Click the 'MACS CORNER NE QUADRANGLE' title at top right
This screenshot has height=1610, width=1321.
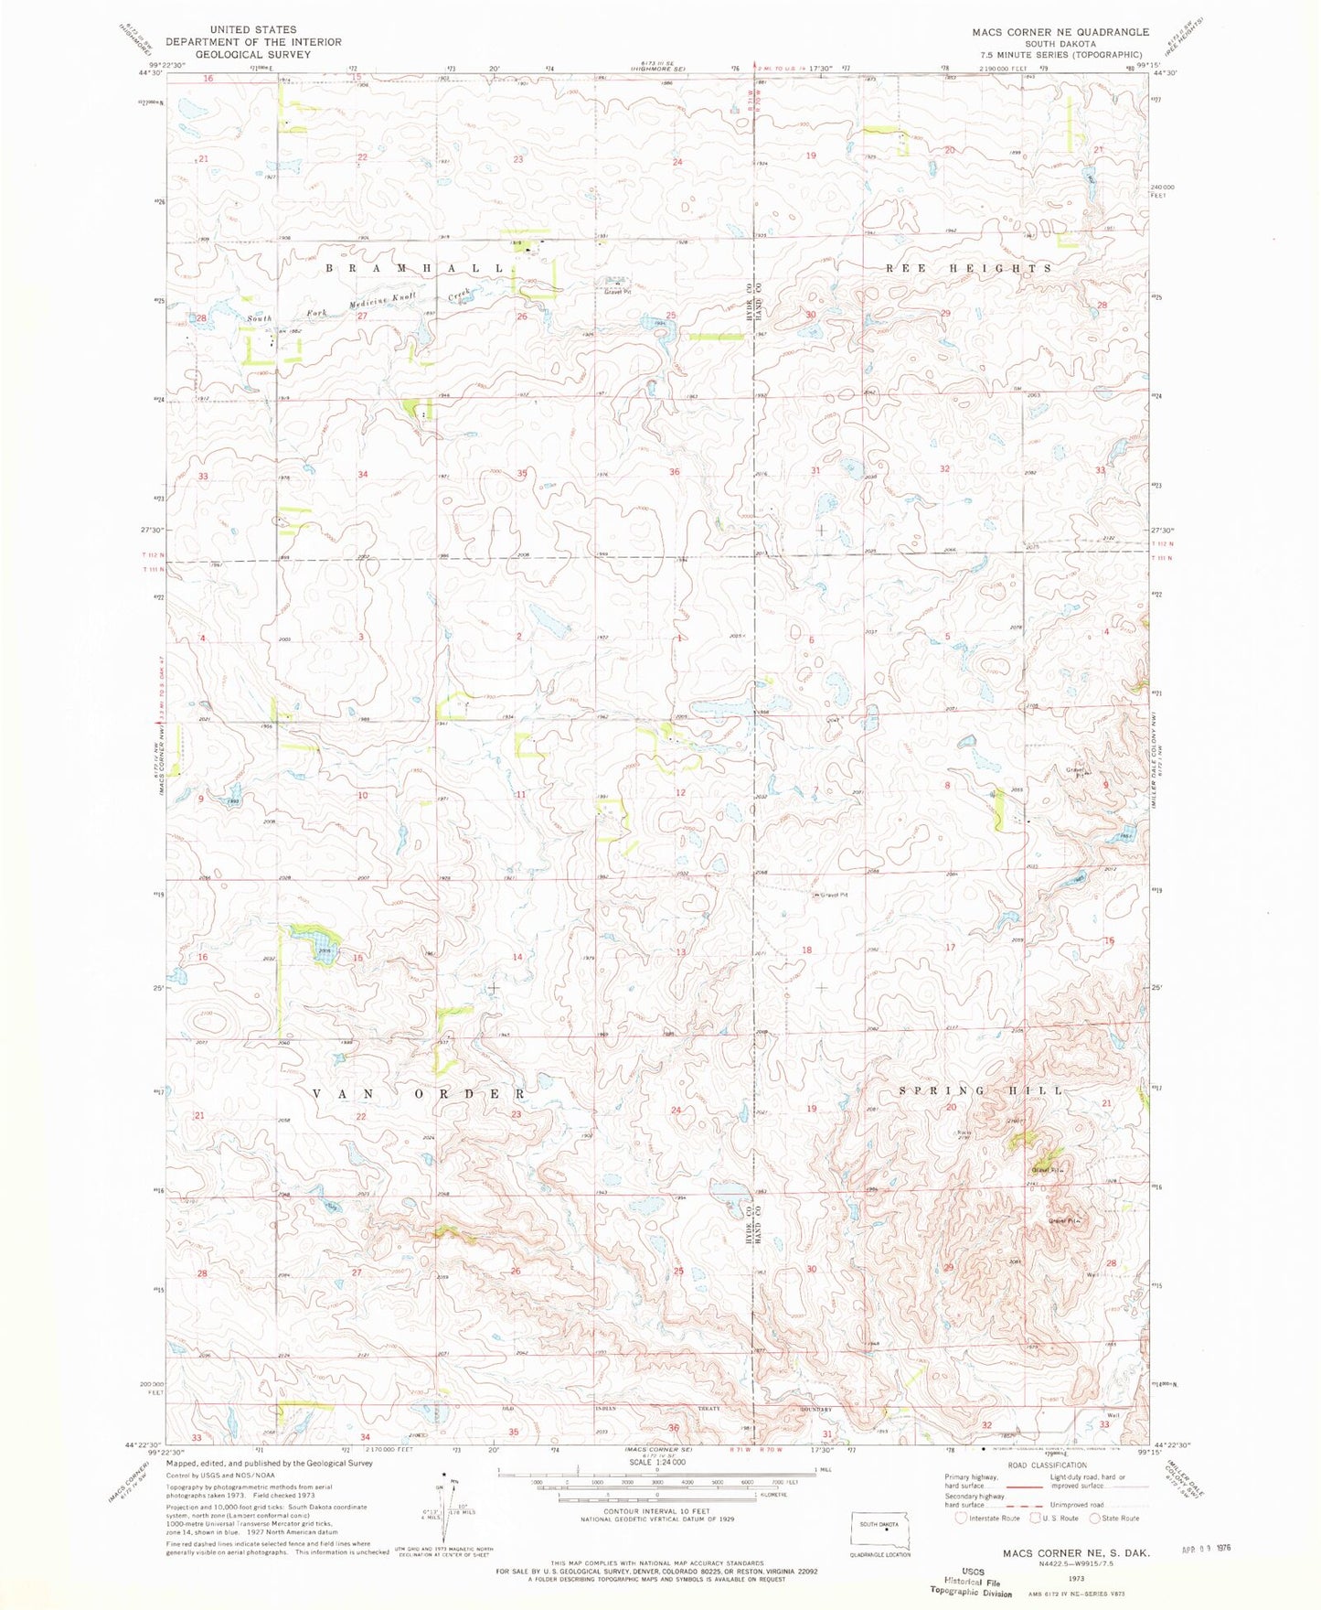coord(1048,31)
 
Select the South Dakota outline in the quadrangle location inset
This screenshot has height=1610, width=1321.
coord(879,1525)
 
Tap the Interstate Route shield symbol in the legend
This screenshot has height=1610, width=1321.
coord(960,1518)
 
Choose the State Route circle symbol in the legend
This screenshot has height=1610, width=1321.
coord(1096,1518)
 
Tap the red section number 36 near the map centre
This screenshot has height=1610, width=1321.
coord(675,472)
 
